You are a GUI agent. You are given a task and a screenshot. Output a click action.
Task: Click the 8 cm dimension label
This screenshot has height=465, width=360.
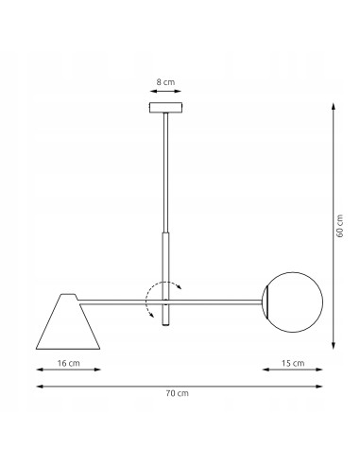165,82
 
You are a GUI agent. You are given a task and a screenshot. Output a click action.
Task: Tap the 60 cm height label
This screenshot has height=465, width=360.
340,226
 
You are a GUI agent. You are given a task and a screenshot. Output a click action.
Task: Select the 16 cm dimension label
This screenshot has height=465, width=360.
69,363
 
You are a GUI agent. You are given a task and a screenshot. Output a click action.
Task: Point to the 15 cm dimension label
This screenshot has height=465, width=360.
293,363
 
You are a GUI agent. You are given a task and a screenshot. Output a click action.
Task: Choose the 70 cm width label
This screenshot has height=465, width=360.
178,393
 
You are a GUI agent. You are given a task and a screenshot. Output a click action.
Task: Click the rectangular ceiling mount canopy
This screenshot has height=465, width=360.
166,107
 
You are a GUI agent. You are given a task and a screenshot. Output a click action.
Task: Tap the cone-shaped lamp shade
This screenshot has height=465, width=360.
68,321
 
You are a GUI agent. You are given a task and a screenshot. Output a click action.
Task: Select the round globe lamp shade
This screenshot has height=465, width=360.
293,302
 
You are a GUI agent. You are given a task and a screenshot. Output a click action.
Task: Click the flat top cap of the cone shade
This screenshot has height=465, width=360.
69,295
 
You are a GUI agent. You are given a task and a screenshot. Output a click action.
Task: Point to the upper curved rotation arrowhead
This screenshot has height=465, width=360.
179,286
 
